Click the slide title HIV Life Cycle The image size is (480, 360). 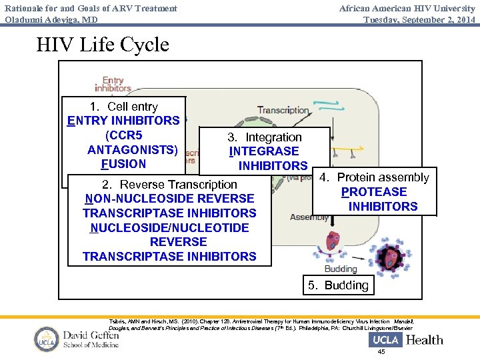[x=103, y=45]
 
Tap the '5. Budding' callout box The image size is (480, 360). [x=338, y=285]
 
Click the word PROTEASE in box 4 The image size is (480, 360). [x=374, y=192]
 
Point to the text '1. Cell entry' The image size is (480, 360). [x=123, y=107]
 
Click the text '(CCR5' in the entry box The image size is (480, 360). [x=123, y=135]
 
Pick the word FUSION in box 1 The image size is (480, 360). [x=123, y=164]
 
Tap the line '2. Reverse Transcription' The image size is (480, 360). [x=169, y=185]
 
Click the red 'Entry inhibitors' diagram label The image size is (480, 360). [x=113, y=85]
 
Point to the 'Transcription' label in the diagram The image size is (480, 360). [x=283, y=110]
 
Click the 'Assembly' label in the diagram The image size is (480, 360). [x=309, y=217]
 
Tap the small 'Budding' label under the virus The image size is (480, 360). [x=340, y=269]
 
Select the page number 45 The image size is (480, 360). [x=381, y=352]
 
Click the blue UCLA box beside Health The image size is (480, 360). [x=385, y=340]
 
